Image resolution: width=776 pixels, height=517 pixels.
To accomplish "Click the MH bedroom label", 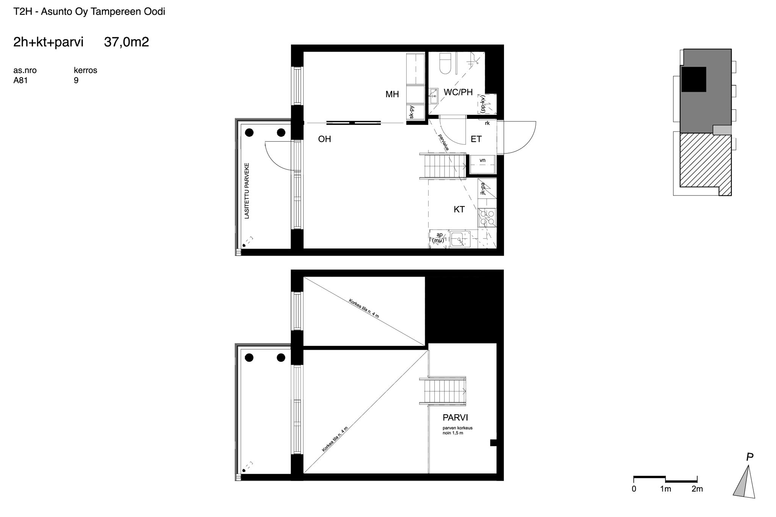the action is tap(392, 94).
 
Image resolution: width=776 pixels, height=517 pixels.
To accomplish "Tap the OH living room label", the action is tap(325, 139).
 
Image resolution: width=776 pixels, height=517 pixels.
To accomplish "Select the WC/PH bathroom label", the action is tap(458, 92).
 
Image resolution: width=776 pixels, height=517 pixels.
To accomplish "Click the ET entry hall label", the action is tap(476, 139).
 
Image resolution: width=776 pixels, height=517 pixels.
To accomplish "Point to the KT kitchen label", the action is tap(459, 209).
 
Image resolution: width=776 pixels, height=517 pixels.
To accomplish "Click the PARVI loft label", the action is tap(455, 418).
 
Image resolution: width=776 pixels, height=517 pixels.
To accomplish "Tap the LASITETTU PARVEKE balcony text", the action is tap(247, 191).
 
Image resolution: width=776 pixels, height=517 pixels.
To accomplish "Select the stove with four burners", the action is tap(487, 218).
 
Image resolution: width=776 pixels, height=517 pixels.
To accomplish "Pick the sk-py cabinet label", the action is tap(412, 112).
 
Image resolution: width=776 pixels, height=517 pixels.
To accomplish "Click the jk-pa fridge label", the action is tap(482, 189).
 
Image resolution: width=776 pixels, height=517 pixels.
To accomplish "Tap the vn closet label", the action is tap(482, 160).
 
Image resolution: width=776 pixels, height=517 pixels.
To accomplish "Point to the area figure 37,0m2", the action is tap(127, 42).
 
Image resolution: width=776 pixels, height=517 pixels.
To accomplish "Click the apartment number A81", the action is tap(20, 80).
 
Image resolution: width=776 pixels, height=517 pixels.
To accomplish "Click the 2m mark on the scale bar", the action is tap(697, 489).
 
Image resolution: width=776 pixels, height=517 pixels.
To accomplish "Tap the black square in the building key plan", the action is tap(694, 80).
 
